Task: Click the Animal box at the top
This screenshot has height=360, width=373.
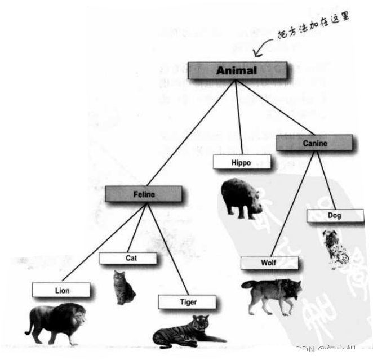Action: click(x=237, y=70)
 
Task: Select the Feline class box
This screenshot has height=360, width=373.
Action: click(x=144, y=194)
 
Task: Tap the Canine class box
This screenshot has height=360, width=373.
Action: click(x=314, y=143)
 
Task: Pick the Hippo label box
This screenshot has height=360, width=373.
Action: click(x=241, y=162)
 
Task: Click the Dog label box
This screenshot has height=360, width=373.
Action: click(x=334, y=215)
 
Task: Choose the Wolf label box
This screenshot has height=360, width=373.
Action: click(x=268, y=263)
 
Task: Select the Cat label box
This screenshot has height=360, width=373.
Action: click(x=128, y=258)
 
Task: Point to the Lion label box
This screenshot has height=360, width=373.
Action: click(x=61, y=290)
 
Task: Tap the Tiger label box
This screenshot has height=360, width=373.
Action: click(x=188, y=302)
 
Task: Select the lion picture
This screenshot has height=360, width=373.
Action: click(x=56, y=322)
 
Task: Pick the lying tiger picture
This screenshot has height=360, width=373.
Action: click(x=187, y=332)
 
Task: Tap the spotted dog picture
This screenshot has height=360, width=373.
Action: click(x=336, y=248)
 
